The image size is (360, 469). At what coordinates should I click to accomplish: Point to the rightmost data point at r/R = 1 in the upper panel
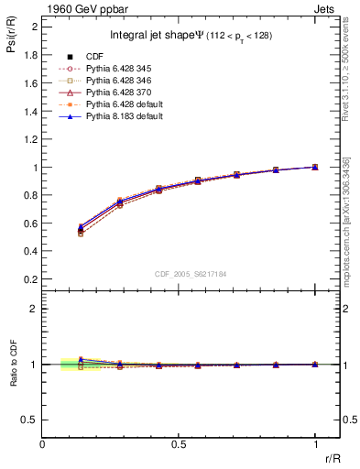[x=315, y=167]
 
